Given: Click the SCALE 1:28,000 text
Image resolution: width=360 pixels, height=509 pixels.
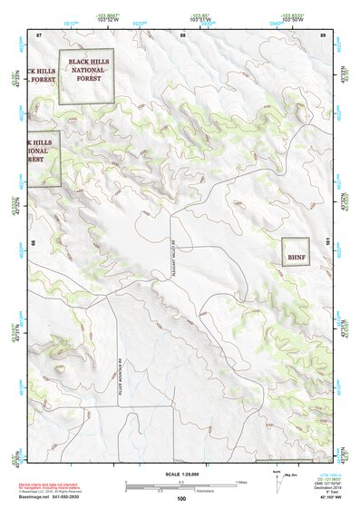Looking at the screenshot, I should click(180, 472).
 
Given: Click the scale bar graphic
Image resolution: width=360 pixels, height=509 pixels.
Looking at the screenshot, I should click(180, 483).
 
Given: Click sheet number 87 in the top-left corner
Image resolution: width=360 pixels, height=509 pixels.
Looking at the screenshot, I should click(39, 34).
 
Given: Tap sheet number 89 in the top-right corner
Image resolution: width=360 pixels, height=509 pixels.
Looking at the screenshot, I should click(323, 34).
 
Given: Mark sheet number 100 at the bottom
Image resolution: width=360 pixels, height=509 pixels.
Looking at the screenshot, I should click(181, 498).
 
